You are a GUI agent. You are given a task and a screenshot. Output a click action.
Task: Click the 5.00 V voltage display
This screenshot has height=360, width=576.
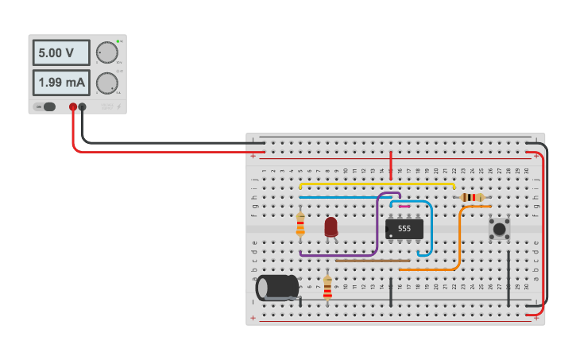pyautogui.click(x=62, y=54)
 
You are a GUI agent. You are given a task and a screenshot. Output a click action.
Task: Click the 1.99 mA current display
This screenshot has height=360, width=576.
pyautogui.click(x=62, y=83)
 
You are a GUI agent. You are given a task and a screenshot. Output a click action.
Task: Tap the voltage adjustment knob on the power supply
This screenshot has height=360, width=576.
pyautogui.click(x=106, y=53)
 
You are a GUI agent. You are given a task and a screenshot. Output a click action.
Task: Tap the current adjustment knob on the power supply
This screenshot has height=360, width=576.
pyautogui.click(x=106, y=83)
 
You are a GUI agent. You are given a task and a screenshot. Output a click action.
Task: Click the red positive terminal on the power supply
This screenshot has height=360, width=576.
pyautogui.click(x=73, y=106)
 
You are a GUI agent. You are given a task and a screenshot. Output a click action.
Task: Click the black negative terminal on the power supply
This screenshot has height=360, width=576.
pyautogui.click(x=82, y=106)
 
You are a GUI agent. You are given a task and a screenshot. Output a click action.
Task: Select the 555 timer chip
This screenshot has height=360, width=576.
pyautogui.click(x=404, y=229)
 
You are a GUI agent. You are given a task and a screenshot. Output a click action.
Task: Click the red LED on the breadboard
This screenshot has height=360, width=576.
pyautogui.click(x=331, y=227)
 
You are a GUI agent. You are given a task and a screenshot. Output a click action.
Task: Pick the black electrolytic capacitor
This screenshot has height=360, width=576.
pyautogui.click(x=276, y=287)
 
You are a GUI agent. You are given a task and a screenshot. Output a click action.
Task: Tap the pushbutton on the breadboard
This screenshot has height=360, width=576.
pyautogui.click(x=499, y=230)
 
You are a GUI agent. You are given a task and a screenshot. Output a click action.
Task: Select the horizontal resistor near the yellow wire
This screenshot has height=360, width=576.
pyautogui.click(x=472, y=197)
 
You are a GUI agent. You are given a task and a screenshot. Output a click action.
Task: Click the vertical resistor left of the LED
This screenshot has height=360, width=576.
pyautogui.click(x=300, y=224)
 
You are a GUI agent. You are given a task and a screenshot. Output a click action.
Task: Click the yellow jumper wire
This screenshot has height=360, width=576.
pyautogui.click(x=373, y=184)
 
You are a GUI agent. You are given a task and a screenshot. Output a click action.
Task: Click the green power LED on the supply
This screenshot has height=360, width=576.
pyautogui.click(x=118, y=41)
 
